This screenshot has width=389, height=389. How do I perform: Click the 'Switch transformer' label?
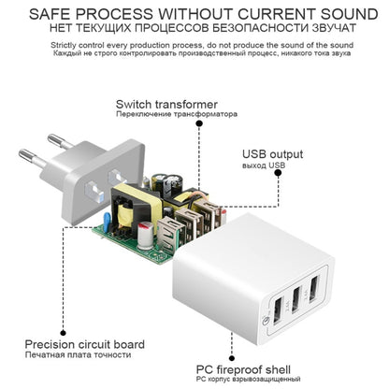pos(166,104)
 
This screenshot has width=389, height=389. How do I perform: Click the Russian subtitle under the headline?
pos(194,31)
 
